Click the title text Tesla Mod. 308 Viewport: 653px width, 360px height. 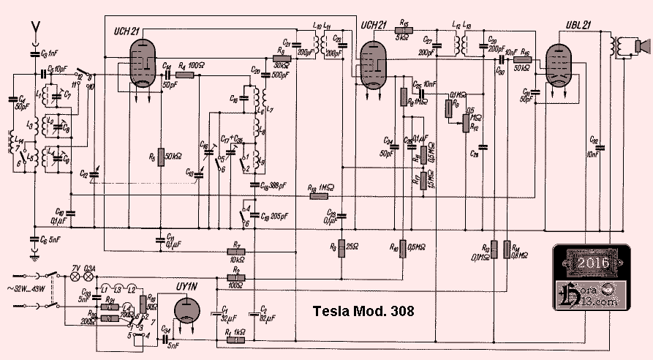pos(363,311)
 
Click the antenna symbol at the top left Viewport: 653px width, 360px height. pos(34,29)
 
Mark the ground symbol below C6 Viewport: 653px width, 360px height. pos(34,255)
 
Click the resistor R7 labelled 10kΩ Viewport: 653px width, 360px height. pos(235,251)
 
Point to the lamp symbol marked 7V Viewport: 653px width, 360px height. pos(74,278)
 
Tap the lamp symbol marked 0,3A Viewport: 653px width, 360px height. pos(90,278)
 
